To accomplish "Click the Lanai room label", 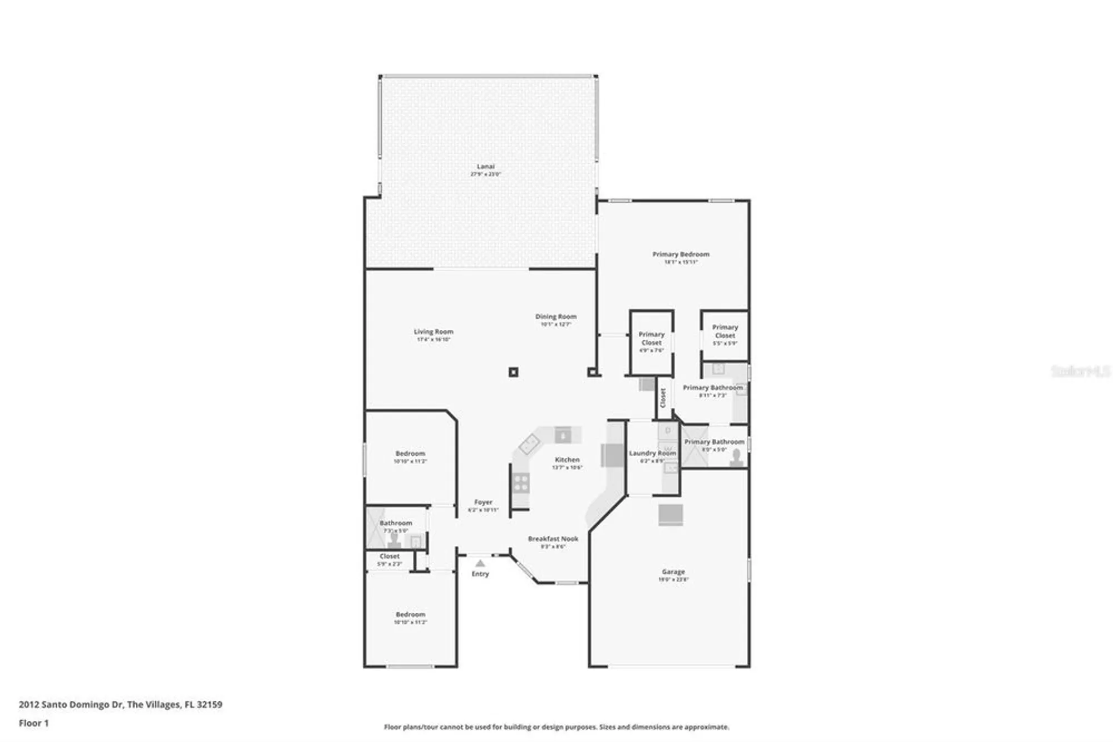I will click(x=485, y=167).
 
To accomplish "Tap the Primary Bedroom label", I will click(x=681, y=255).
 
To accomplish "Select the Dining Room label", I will click(x=555, y=317).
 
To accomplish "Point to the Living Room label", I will click(x=433, y=332).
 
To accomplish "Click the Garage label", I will click(x=673, y=572).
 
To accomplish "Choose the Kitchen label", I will click(x=567, y=460).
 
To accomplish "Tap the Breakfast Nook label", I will click(x=553, y=539).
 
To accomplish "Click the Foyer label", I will click(x=483, y=502).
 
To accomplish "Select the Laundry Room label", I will click(x=652, y=453).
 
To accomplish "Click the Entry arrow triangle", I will click(x=480, y=564).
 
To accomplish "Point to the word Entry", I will click(x=480, y=574).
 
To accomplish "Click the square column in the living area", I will click(x=513, y=372).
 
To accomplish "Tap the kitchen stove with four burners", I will click(x=521, y=483).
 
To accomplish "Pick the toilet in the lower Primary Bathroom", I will click(x=737, y=457).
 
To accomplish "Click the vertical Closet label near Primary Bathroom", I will click(x=663, y=398).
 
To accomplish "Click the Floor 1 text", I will click(x=34, y=723).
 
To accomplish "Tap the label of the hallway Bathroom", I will click(x=396, y=524).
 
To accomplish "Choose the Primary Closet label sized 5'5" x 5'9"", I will click(x=725, y=331).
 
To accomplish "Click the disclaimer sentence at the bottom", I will click(x=556, y=727).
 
